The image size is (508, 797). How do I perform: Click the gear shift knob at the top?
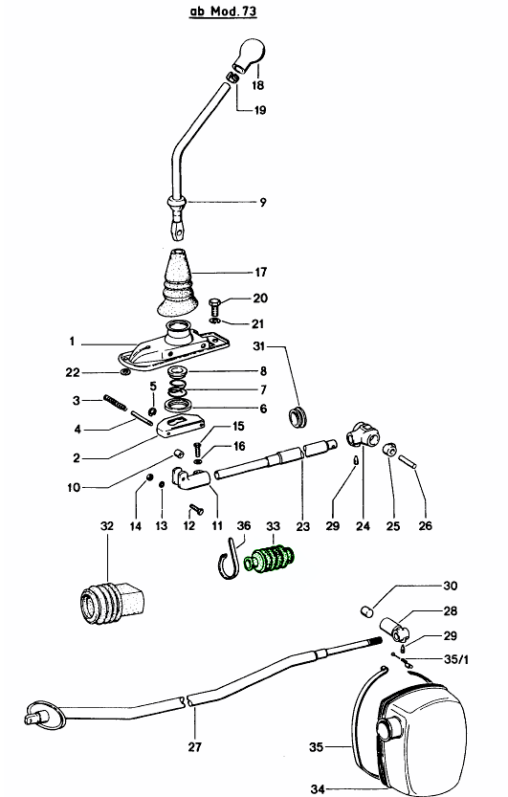[250, 54]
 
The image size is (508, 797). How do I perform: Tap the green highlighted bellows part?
[269, 560]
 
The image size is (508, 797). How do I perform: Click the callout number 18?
[258, 85]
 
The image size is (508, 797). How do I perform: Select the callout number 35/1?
[456, 660]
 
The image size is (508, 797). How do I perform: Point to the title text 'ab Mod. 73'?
[223, 11]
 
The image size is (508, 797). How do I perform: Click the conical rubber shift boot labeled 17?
[175, 281]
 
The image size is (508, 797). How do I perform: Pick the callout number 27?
[194, 746]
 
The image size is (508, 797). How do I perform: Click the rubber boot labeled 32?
[112, 605]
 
